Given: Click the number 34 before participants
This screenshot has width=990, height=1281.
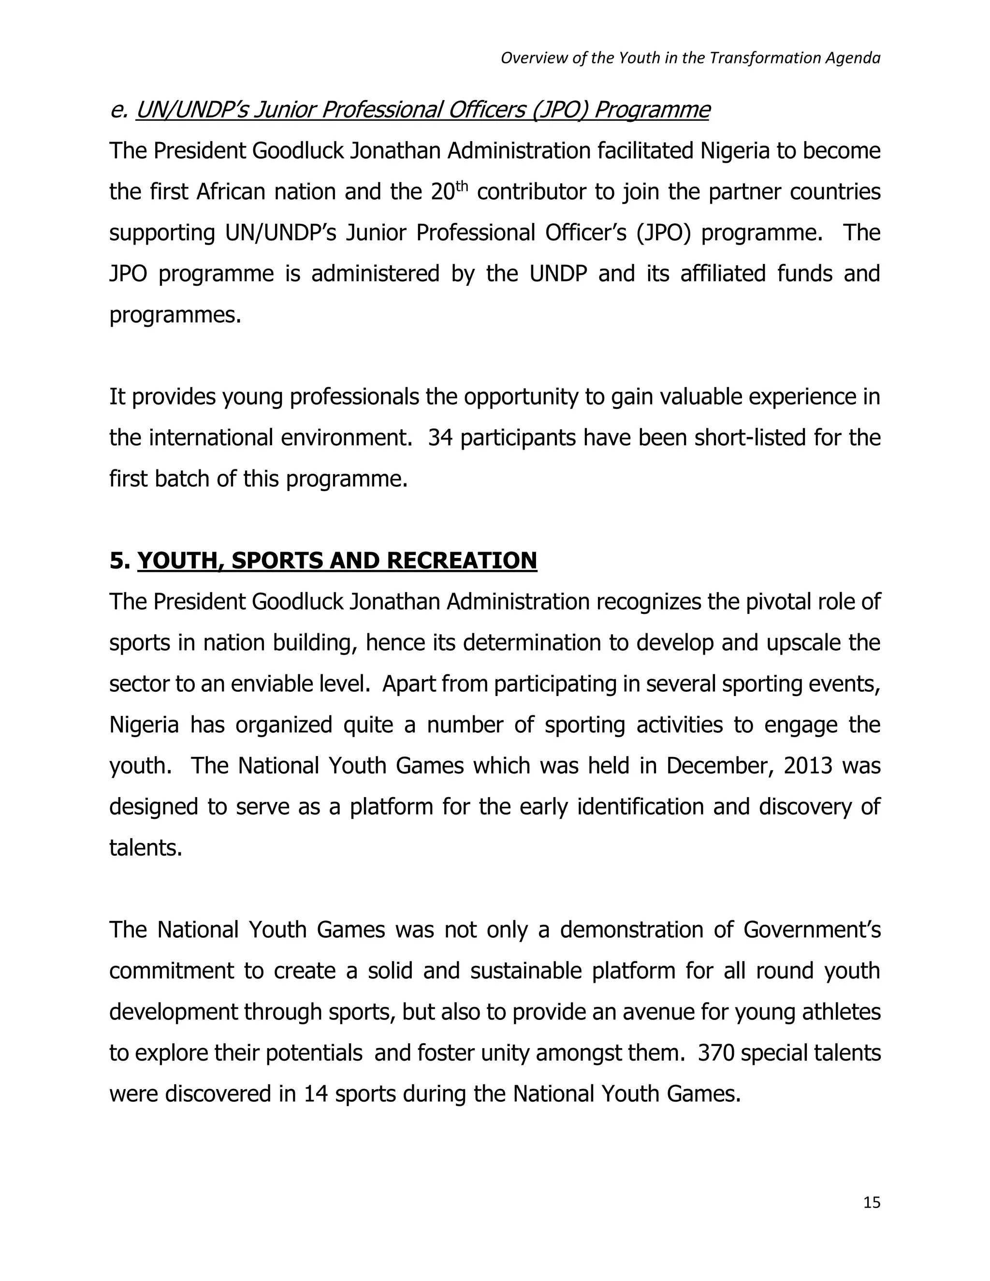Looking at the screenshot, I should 440,438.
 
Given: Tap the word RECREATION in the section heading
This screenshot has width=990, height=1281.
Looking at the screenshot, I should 462,561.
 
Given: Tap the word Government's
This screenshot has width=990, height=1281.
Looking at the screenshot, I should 812,930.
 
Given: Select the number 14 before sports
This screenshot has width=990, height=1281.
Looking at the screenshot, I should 315,1094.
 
